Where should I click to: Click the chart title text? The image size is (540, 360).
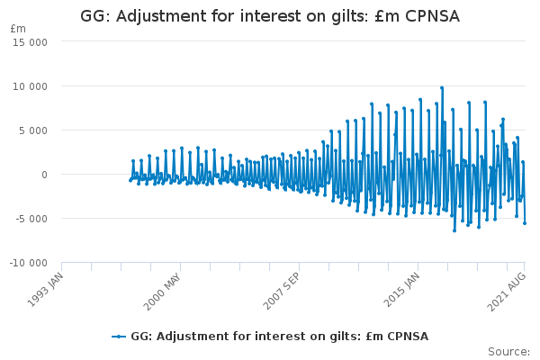[270, 16]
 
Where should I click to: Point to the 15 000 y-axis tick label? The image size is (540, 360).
[30, 42]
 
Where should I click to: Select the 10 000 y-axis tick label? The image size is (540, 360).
[30, 86]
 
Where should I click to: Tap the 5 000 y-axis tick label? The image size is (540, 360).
[33, 130]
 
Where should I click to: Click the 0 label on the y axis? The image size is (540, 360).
[44, 175]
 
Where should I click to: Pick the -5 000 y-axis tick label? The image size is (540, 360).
[31, 219]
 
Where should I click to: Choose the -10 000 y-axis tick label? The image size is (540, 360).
[28, 263]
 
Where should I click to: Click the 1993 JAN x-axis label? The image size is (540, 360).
[46, 290]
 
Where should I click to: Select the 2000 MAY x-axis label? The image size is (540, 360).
[162, 292]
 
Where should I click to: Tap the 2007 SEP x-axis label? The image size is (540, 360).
[282, 291]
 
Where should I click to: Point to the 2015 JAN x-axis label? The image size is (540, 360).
[401, 290]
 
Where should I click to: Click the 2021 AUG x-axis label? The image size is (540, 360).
[507, 292]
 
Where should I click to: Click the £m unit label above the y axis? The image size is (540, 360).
[18, 29]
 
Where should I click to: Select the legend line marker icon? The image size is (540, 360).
[119, 337]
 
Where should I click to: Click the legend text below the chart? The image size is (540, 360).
[280, 337]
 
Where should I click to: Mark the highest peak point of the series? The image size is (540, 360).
[442, 88]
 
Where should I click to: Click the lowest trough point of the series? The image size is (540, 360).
[454, 230]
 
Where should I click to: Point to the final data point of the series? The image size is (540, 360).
[525, 223]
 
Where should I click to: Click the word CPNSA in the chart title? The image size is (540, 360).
[433, 16]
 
